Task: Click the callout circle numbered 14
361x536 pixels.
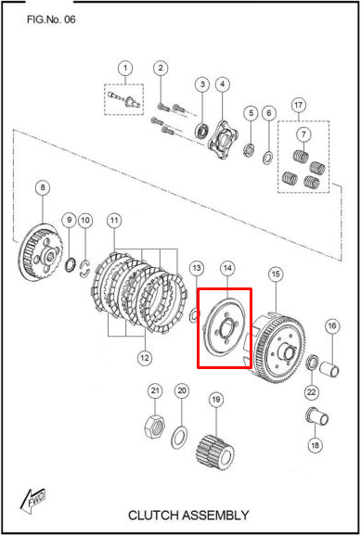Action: (227, 269)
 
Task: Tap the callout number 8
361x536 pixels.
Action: (43, 187)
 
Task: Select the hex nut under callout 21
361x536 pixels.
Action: (155, 427)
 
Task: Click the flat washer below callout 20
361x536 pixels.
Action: (178, 436)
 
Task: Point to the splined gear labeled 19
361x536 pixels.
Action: (215, 452)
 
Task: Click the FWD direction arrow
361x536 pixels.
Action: (32, 500)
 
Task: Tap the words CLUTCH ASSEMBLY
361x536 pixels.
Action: (188, 516)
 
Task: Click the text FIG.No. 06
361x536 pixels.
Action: (51, 19)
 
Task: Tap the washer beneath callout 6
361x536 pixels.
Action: (267, 158)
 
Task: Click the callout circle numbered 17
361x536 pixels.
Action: (299, 105)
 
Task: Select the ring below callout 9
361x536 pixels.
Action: (71, 265)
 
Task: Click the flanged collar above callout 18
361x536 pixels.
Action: (316, 417)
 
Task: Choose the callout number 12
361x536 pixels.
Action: (145, 358)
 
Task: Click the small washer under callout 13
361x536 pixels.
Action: (194, 315)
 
